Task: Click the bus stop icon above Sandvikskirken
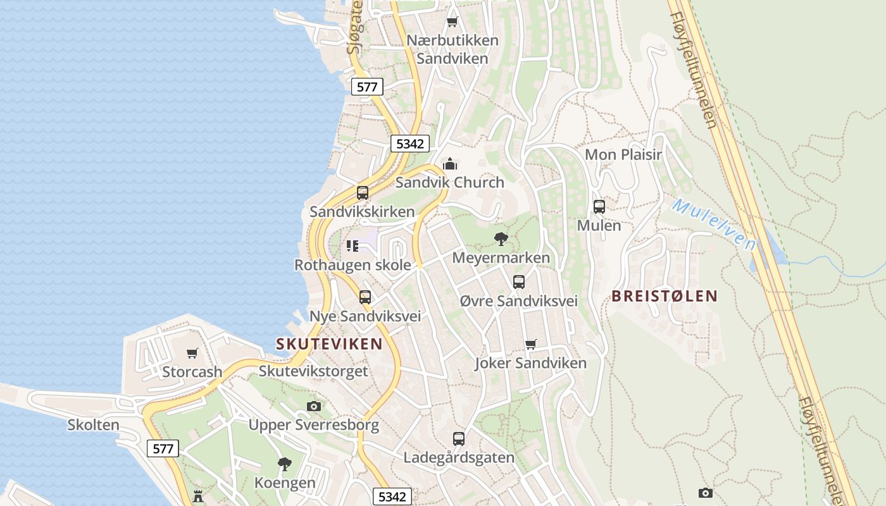(363, 193)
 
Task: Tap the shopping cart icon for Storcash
(192, 353)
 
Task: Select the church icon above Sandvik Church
(450, 164)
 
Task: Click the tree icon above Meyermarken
(501, 239)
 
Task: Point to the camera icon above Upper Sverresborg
(313, 406)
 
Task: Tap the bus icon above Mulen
(599, 206)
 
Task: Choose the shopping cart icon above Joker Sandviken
(531, 345)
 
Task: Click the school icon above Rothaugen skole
(353, 245)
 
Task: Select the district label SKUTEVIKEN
(329, 344)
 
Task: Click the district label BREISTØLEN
(664, 296)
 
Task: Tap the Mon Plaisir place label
(623, 155)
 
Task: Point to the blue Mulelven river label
(714, 224)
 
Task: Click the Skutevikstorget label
(313, 371)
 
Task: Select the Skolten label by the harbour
(94, 425)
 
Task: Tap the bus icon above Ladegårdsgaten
(459, 438)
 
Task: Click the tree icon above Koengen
(285, 464)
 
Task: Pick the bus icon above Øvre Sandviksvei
(519, 282)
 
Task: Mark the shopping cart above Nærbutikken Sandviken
(452, 22)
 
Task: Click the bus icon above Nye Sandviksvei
(365, 297)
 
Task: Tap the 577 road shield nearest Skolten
(163, 449)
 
